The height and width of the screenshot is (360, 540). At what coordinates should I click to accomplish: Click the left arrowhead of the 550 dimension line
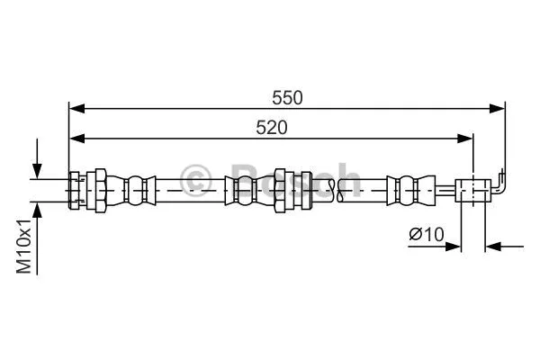76,109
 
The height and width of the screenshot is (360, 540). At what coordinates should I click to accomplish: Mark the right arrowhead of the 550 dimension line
496,109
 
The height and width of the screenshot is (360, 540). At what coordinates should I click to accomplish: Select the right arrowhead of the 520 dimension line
465,138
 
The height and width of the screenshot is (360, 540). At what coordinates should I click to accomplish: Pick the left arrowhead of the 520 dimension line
76,138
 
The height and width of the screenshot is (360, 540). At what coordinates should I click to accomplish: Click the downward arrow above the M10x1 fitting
36,166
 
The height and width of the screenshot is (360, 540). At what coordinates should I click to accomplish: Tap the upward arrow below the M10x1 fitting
36,211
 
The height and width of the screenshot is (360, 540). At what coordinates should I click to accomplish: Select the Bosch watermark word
288,180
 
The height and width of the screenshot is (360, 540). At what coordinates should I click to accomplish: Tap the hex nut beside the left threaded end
101,189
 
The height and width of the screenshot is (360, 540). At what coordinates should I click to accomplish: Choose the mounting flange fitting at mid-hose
290,189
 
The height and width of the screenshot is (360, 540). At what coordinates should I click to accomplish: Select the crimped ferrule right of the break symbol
403,189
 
